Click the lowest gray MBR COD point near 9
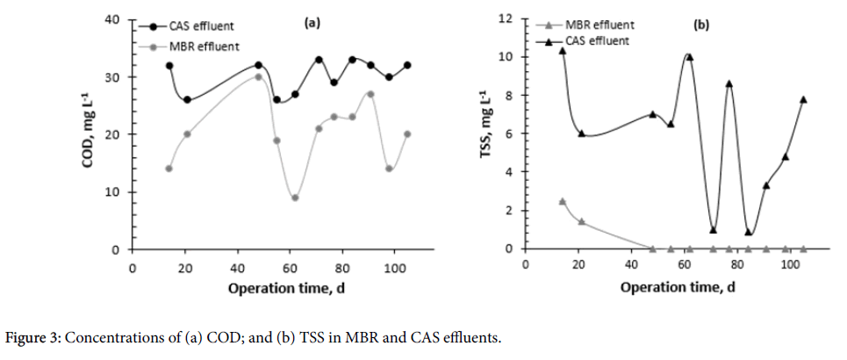pos(295,198)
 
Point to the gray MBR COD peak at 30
pos(258,76)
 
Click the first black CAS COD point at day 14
pos(169,66)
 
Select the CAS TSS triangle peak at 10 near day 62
pos(689,57)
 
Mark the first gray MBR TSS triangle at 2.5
pos(563,201)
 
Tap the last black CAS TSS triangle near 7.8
pos(803,99)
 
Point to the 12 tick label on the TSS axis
pos(506,18)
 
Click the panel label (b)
pos(701,25)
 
